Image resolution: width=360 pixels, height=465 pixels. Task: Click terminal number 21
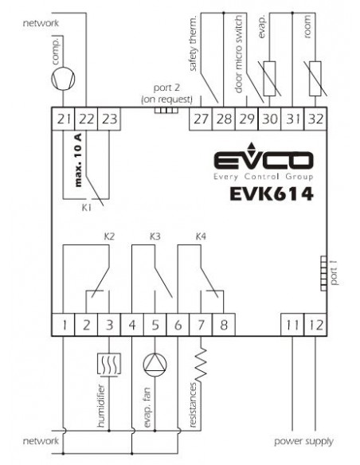tap(63, 119)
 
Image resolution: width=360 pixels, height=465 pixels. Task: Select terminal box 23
tap(109, 119)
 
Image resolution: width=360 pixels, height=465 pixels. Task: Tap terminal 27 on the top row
tap(201, 119)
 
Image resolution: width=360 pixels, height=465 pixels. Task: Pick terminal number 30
tap(269, 119)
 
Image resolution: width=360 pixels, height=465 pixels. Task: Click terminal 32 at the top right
tap(315, 119)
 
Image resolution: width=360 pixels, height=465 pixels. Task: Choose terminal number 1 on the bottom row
tap(63, 325)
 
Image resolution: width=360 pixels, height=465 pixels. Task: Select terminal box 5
tap(155, 325)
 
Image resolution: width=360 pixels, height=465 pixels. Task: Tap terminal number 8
tap(224, 325)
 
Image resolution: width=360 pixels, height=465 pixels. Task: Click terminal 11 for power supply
tap(292, 325)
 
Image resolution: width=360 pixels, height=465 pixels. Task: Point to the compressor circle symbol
tap(63, 78)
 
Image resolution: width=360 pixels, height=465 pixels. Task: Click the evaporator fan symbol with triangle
tap(155, 365)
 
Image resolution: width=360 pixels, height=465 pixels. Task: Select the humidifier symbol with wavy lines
tap(109, 365)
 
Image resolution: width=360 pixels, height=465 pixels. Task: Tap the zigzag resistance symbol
tap(201, 364)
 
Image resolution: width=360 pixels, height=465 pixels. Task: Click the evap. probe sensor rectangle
tap(269, 79)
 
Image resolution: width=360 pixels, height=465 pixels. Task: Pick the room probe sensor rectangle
tap(315, 79)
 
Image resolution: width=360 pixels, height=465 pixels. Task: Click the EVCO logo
tap(264, 162)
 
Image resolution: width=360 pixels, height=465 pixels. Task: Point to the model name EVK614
tap(272, 194)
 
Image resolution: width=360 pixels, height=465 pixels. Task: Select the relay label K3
tap(155, 236)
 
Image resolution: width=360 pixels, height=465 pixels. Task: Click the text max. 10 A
tap(78, 160)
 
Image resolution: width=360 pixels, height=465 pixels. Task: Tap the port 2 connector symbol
tap(166, 111)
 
